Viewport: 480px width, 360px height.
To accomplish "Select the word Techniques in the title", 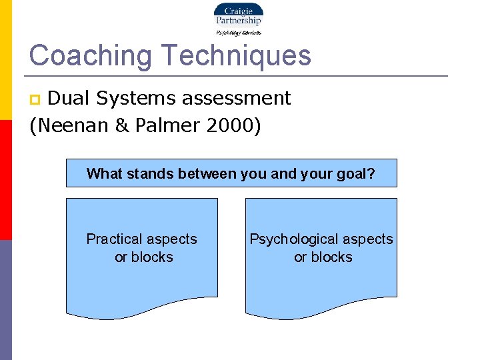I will point(235,55).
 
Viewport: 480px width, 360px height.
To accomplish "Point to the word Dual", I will point(70,98).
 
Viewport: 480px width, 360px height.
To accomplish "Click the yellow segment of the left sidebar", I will point(5,60).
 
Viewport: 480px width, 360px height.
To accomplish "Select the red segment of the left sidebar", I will point(5,180).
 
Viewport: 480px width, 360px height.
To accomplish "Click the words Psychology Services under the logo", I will point(238,32).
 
